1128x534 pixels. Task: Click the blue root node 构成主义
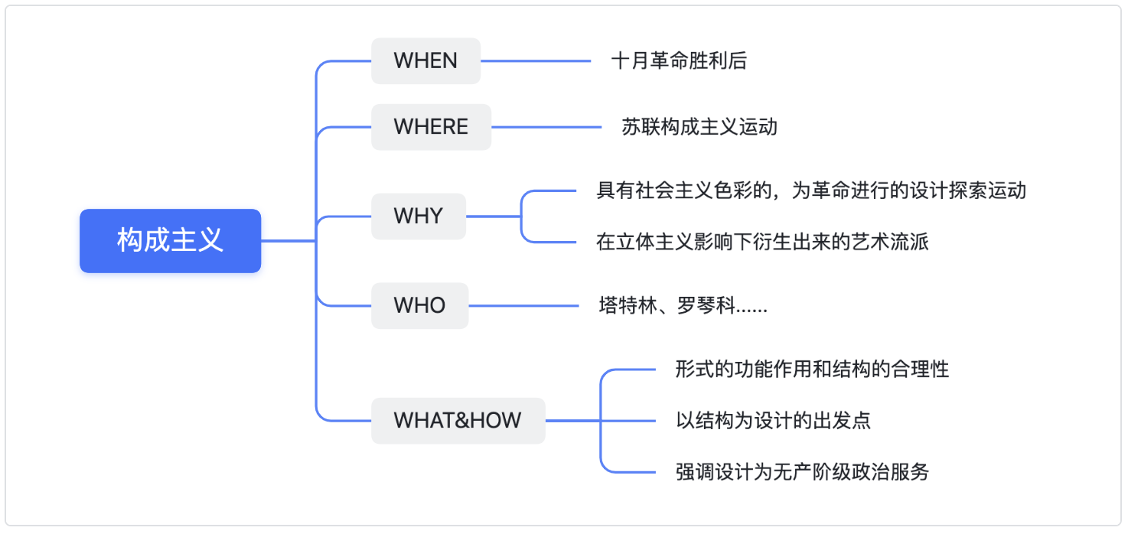[x=170, y=240]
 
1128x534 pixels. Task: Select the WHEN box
[x=425, y=61]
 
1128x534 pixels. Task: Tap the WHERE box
[x=431, y=127]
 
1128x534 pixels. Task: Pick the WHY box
[x=419, y=216]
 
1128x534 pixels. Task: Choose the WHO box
[x=419, y=305]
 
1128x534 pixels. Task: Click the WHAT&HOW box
[x=458, y=421]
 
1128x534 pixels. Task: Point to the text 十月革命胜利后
[x=679, y=61]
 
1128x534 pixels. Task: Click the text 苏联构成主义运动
[x=699, y=127]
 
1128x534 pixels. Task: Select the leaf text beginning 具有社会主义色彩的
[x=810, y=190]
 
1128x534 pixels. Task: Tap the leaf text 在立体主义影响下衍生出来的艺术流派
[x=762, y=242]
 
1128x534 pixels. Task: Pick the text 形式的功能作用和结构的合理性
[x=812, y=370]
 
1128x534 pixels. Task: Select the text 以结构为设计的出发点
[x=773, y=421]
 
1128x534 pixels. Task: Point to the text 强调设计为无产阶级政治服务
[x=802, y=472]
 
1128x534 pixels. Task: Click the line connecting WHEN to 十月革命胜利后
[x=536, y=61]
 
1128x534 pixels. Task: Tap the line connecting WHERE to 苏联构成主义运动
[x=546, y=127]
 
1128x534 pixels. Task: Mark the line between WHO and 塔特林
[x=523, y=305]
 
